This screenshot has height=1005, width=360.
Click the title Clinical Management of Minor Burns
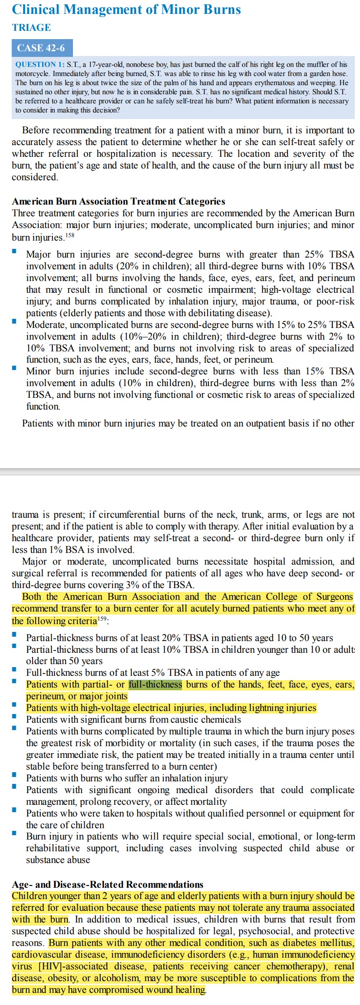tap(126, 10)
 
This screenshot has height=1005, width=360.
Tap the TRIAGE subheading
tap(31, 27)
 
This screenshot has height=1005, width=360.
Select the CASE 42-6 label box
tap(41, 48)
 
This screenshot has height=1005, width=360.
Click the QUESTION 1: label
tap(40, 64)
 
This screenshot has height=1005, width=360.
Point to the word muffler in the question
tap(320, 64)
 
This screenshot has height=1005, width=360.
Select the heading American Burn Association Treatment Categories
tap(118, 201)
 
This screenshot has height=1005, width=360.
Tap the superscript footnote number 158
tap(70, 235)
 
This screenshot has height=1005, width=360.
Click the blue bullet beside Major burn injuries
tap(14, 251)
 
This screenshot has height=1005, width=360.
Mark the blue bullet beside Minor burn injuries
tap(14, 367)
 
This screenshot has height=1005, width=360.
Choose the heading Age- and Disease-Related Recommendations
tap(107, 884)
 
